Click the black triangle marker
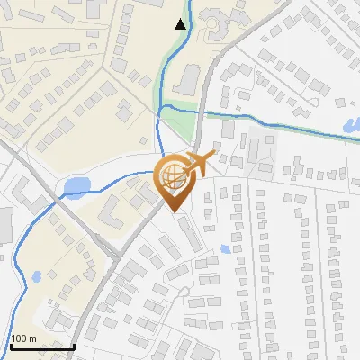point(182,24)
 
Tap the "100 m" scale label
point(23,338)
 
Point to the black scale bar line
point(42,346)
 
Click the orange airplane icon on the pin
point(202,162)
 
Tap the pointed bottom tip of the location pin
point(173,212)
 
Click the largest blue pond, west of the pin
point(76,187)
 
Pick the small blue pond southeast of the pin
point(225,248)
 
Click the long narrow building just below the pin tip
point(190,235)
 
